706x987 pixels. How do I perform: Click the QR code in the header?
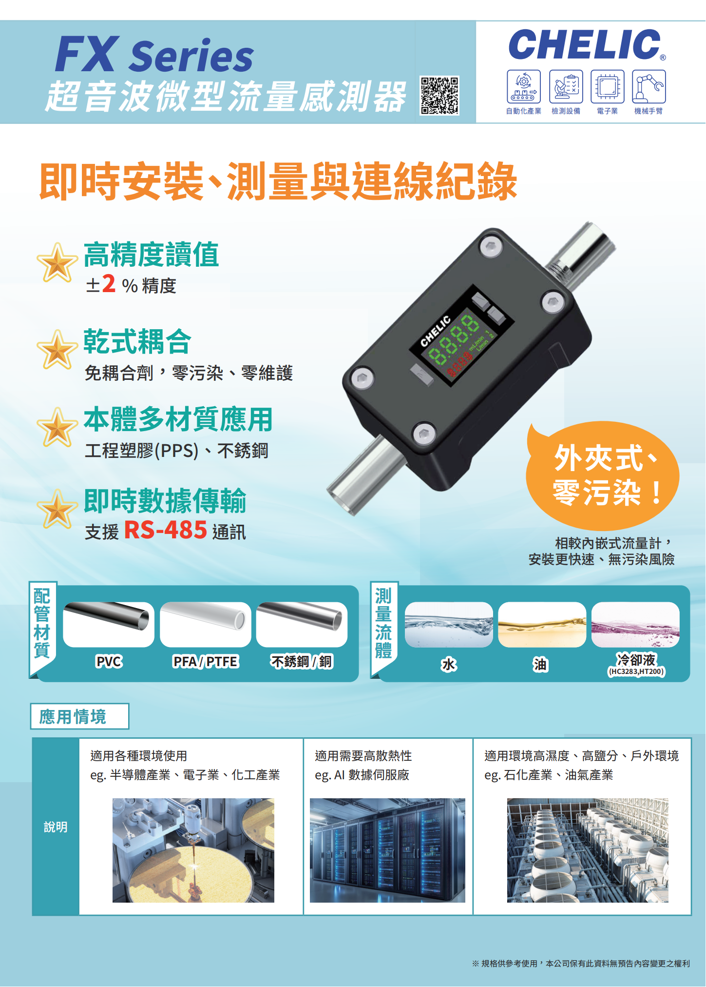439,96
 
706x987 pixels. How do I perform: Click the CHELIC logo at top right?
587,44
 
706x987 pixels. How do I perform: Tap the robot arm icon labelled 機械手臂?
649,86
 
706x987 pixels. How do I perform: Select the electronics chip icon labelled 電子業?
607,86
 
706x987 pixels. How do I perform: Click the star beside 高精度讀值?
57,262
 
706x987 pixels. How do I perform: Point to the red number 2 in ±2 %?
109,283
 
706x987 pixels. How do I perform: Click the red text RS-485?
166,530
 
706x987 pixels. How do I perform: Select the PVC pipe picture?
109,624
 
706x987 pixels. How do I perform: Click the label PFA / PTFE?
205,662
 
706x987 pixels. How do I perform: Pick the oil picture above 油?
542,625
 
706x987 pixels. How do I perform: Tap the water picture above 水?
449,625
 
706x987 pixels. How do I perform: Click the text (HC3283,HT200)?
636,671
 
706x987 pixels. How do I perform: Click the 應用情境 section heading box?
79,716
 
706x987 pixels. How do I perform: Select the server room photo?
387,850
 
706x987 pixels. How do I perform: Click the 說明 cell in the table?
56,827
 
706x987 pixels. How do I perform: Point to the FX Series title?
154,54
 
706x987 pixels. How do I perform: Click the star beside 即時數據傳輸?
57,509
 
